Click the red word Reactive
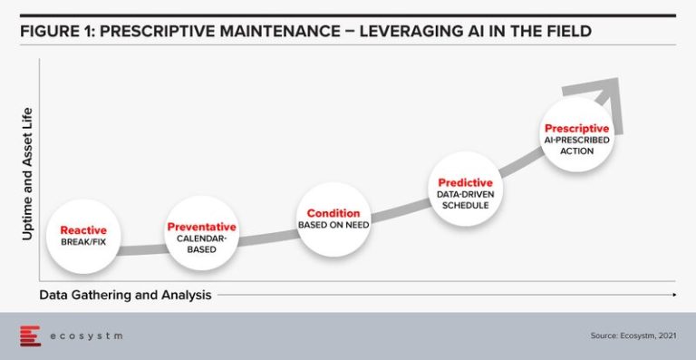coord(83,230)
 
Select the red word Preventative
coord(201,227)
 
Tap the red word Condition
coord(333,214)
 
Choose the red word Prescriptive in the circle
coord(576,129)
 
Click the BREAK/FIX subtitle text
coord(83,243)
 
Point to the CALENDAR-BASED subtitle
coord(201,244)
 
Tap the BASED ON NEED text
coord(333,225)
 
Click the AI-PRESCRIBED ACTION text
coord(576,146)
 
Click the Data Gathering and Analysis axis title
coord(126,295)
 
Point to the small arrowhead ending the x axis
coord(673,295)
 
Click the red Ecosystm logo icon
coord(30,336)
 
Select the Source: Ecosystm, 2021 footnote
coord(632,336)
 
